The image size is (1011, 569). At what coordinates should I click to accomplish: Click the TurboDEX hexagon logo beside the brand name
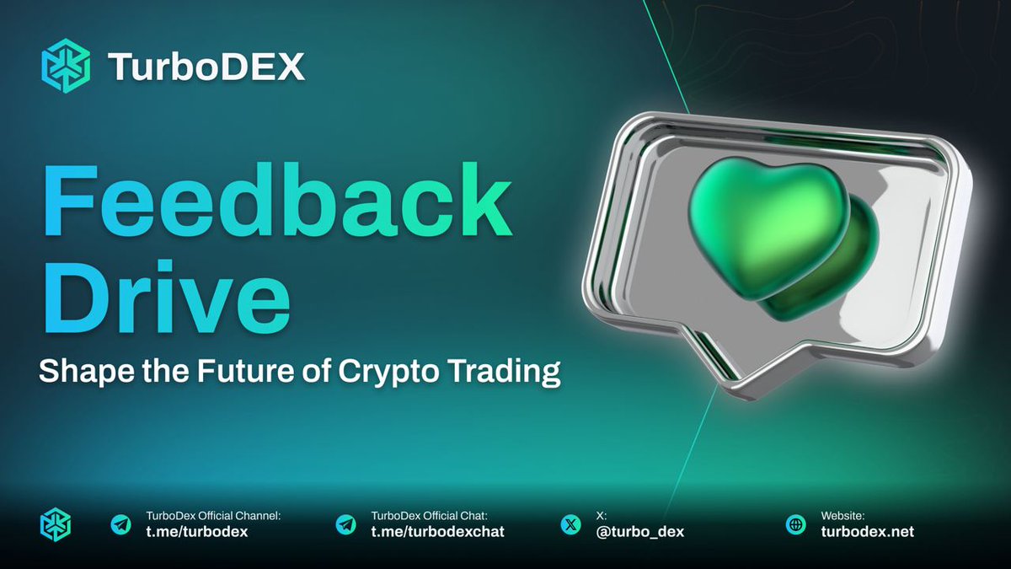click(x=66, y=67)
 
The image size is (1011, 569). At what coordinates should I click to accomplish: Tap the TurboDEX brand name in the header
click(x=206, y=67)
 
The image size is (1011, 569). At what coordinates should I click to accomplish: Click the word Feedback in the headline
click(x=275, y=201)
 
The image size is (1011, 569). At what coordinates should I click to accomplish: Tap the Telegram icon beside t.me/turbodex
click(x=121, y=524)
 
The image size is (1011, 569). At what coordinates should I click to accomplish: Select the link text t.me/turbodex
click(x=196, y=532)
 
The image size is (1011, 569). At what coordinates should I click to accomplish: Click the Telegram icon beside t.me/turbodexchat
click(x=345, y=524)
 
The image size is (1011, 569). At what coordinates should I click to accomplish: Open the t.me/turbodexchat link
click(x=437, y=532)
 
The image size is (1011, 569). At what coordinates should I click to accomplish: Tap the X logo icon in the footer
click(x=570, y=524)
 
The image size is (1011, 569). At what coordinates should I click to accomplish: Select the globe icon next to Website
click(x=795, y=524)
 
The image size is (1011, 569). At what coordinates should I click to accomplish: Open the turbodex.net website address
click(x=867, y=532)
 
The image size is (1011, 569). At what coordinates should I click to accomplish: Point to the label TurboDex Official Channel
click(x=213, y=515)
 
